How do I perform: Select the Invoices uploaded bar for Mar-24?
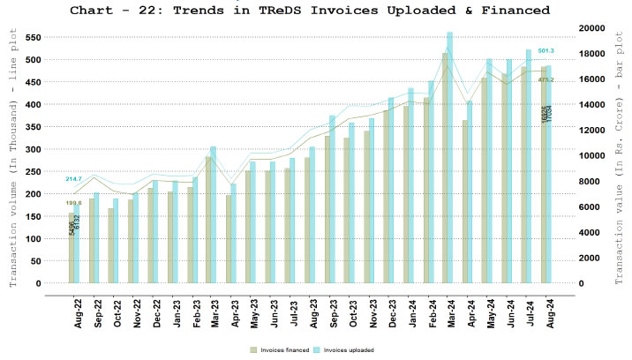(x=475, y=159)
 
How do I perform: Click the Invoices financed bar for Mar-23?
(x=208, y=220)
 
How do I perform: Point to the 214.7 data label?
(x=73, y=179)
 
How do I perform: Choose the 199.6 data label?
(x=73, y=203)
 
